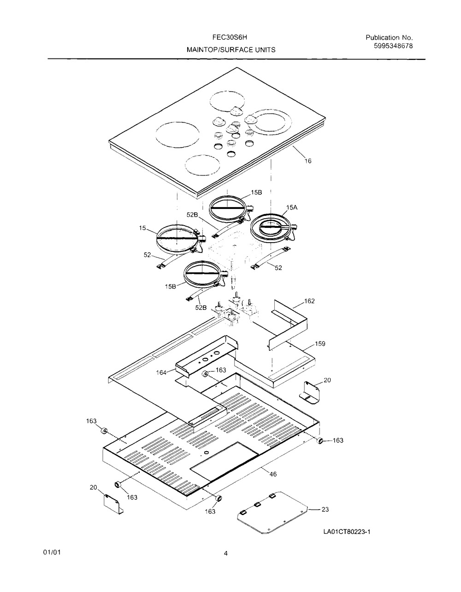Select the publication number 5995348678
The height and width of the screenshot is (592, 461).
pyautogui.click(x=393, y=46)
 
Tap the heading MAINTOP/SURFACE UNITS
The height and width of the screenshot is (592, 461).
pyautogui.click(x=231, y=50)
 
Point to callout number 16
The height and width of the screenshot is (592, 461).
pyautogui.click(x=307, y=161)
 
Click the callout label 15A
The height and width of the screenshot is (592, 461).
pyautogui.click(x=291, y=208)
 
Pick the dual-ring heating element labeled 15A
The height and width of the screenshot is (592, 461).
pyautogui.click(x=273, y=228)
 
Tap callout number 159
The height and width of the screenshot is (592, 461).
pyautogui.click(x=320, y=344)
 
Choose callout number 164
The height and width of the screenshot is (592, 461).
pyautogui.click(x=161, y=372)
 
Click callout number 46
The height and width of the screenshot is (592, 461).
pyautogui.click(x=273, y=474)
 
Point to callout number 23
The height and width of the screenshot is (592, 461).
pyautogui.click(x=325, y=509)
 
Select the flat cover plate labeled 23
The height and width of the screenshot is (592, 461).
pyautogui.click(x=272, y=512)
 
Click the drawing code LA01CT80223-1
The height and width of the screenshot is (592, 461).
pyautogui.click(x=347, y=532)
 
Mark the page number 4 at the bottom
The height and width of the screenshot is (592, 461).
pyautogui.click(x=225, y=553)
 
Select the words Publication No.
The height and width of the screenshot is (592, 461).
pyautogui.click(x=389, y=38)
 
